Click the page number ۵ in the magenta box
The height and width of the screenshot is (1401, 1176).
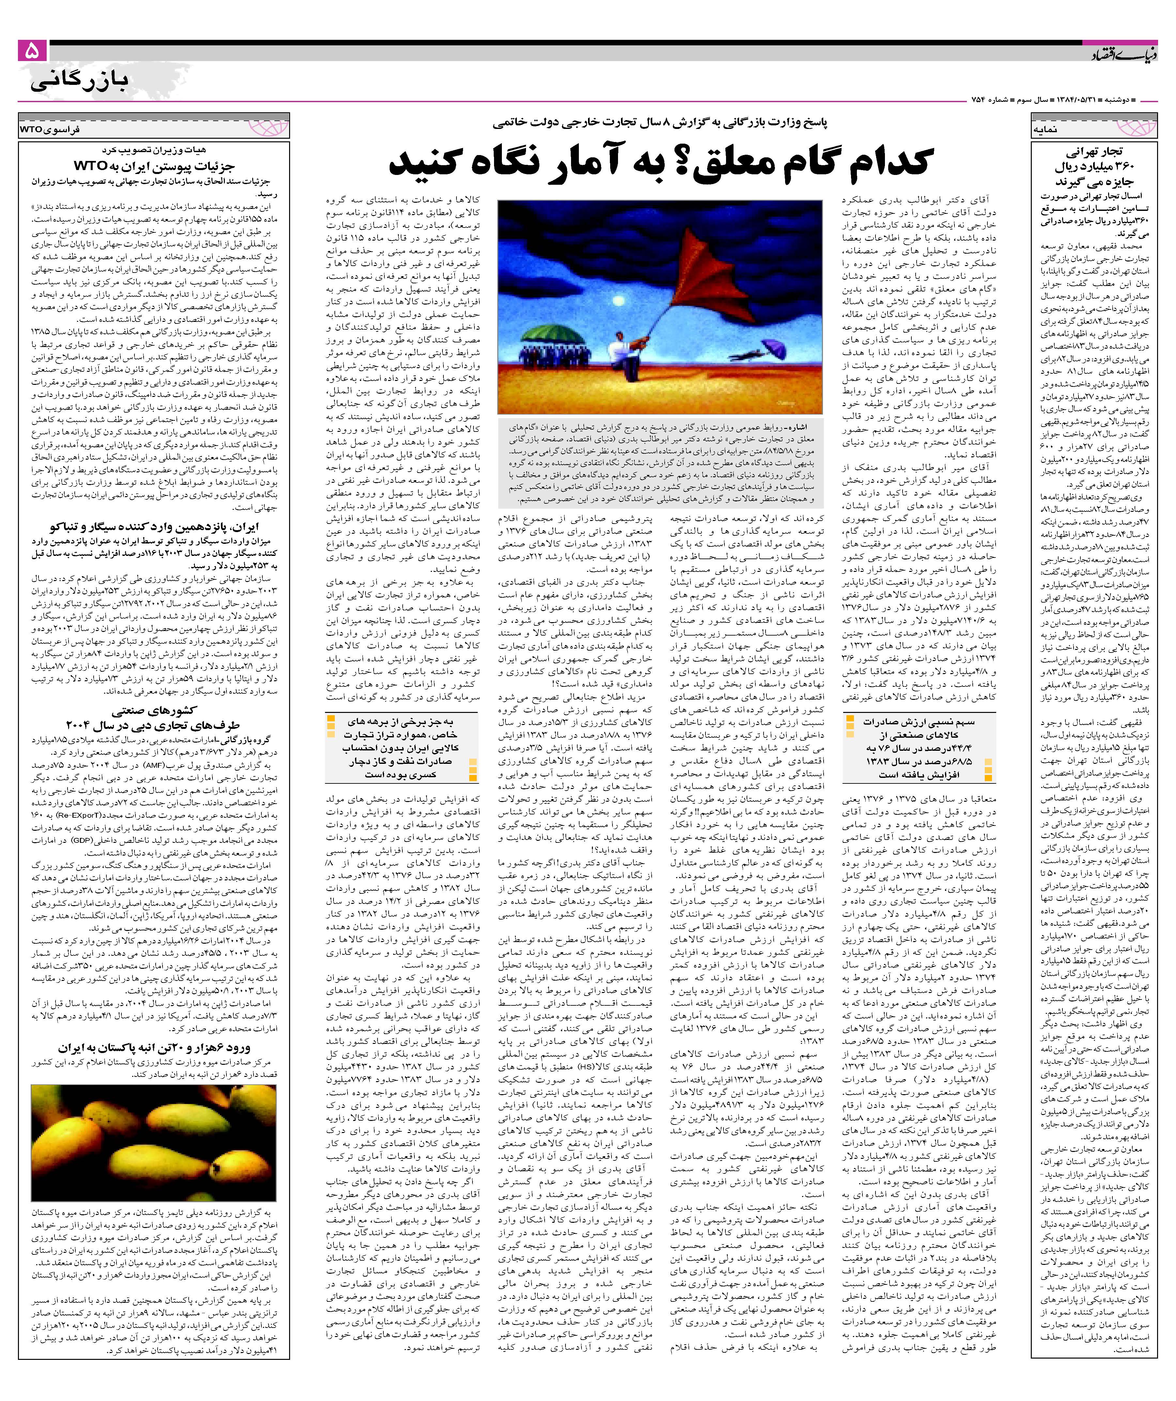pos(32,51)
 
